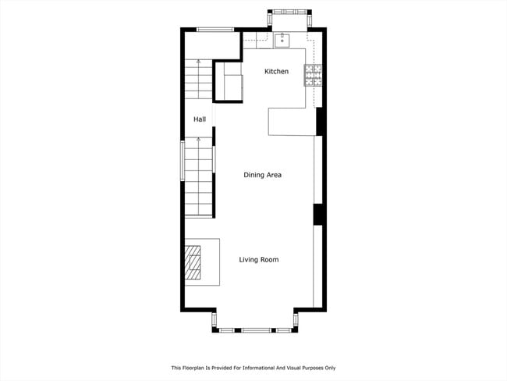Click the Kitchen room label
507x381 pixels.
276,72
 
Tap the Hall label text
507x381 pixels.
200,119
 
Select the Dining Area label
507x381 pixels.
262,175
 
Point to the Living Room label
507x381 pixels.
259,259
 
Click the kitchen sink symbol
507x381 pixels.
282,40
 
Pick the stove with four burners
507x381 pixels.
314,75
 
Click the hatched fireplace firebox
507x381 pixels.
193,262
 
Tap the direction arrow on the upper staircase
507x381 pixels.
198,62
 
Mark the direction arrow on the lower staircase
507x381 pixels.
198,141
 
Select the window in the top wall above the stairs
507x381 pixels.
215,30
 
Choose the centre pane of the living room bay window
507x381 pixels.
254,330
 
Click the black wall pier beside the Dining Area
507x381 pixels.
318,214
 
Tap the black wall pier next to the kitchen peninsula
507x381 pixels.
319,121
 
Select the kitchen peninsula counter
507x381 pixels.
290,121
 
